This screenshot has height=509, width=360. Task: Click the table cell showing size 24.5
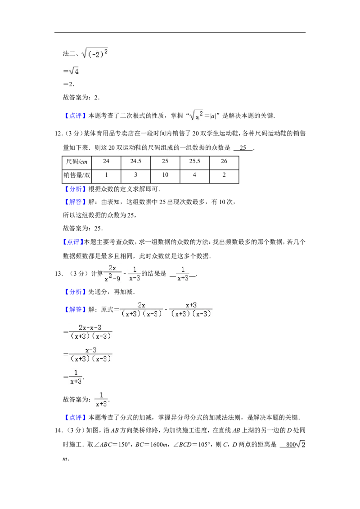click(x=135, y=162)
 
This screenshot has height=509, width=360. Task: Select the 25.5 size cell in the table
click(x=194, y=162)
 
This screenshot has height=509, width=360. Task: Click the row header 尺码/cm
click(x=76, y=162)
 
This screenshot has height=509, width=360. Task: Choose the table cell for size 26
click(x=224, y=162)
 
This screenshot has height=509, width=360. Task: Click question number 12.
click(x=59, y=134)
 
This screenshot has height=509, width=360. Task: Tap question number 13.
click(x=59, y=274)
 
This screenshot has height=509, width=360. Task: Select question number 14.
click(x=59, y=430)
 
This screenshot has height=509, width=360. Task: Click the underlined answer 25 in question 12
click(x=243, y=147)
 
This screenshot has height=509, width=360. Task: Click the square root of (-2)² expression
click(x=94, y=53)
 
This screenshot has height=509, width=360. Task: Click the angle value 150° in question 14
click(x=124, y=444)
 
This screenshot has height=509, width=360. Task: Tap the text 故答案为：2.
click(x=81, y=98)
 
